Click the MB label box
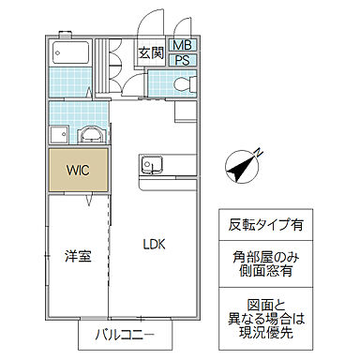183,45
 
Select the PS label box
183,60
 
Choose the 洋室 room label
78,256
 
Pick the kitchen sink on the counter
149,169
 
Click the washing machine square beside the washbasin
60,133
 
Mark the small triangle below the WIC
89,201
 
